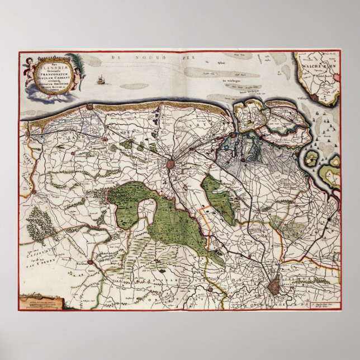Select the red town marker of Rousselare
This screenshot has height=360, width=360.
tap(90, 262)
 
